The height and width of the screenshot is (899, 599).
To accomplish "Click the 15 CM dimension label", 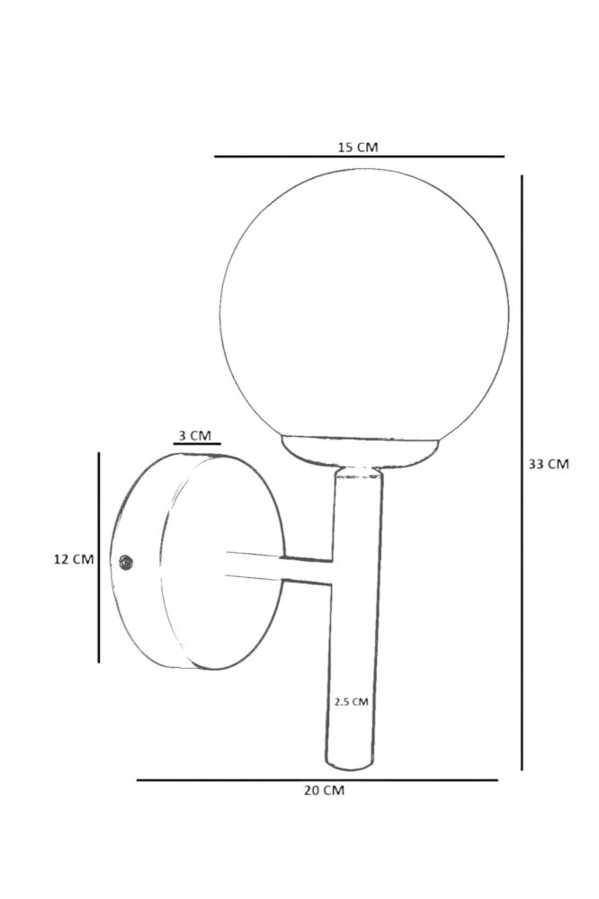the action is coord(357,147).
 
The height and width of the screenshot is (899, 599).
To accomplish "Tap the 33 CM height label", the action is coord(549,465).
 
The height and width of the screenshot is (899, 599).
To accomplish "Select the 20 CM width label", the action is coord(324,790).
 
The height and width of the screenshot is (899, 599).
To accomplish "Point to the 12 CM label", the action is coord(74,559).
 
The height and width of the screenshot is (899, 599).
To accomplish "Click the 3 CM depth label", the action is coord(194,436).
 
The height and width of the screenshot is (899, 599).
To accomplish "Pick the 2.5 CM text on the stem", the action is coord(351,701).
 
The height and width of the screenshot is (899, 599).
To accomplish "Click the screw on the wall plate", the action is coord(126,563).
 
